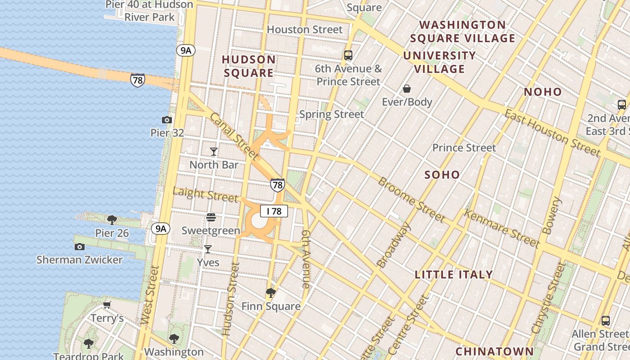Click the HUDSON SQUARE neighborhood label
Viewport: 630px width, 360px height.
pyautogui.click(x=249, y=66)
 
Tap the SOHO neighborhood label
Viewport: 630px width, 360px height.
pyautogui.click(x=442, y=175)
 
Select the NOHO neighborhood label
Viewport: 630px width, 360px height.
pyautogui.click(x=543, y=92)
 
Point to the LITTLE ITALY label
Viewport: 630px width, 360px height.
pyautogui.click(x=454, y=274)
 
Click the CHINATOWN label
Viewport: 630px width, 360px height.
pyautogui.click(x=495, y=351)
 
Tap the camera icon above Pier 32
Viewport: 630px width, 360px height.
pyautogui.click(x=167, y=120)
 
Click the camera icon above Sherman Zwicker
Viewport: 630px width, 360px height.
pyautogui.click(x=80, y=247)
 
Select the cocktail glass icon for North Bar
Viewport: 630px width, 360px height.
pyautogui.click(x=214, y=152)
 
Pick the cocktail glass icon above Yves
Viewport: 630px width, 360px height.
pyautogui.click(x=208, y=249)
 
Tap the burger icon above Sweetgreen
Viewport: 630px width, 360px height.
pyautogui.click(x=211, y=218)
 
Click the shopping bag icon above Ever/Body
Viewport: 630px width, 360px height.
pyautogui.click(x=407, y=89)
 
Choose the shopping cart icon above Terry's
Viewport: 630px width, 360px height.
pyautogui.click(x=107, y=305)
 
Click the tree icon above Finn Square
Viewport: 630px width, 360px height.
pyautogui.click(x=270, y=293)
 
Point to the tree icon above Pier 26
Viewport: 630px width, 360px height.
pyautogui.click(x=112, y=220)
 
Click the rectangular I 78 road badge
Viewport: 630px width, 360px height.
pyautogui.click(x=274, y=211)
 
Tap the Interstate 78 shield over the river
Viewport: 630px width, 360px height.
pyautogui.click(x=138, y=80)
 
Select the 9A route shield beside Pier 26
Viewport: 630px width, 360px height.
pyautogui.click(x=161, y=229)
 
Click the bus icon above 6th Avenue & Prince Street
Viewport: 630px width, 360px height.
pyautogui.click(x=348, y=55)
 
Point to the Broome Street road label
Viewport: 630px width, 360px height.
pyautogui.click(x=411, y=200)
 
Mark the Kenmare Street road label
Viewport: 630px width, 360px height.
pyautogui.click(x=501, y=229)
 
